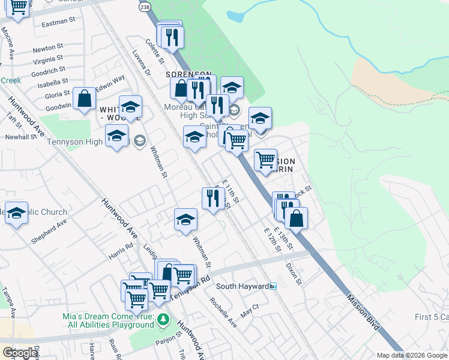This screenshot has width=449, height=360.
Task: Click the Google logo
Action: (x=20, y=353)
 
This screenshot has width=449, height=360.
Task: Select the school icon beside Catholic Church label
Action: (x=17, y=214)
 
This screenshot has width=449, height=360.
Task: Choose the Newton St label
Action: (x=48, y=47)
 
